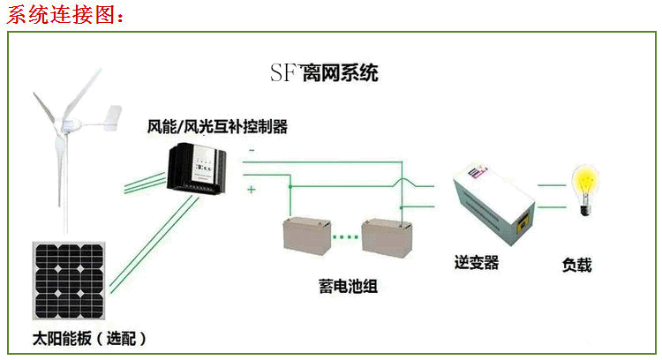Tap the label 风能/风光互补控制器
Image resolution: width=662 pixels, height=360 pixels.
click(217, 127)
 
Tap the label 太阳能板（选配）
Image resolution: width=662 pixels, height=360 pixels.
click(89, 338)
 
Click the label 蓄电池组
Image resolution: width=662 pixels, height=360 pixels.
click(348, 287)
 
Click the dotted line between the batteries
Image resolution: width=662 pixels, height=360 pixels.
click(346, 236)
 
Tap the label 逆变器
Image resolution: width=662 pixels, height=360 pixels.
click(477, 262)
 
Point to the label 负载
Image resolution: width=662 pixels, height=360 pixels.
click(576, 265)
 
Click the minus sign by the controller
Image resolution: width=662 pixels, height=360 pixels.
click(252, 150)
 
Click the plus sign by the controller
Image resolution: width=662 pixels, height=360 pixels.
click(252, 189)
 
